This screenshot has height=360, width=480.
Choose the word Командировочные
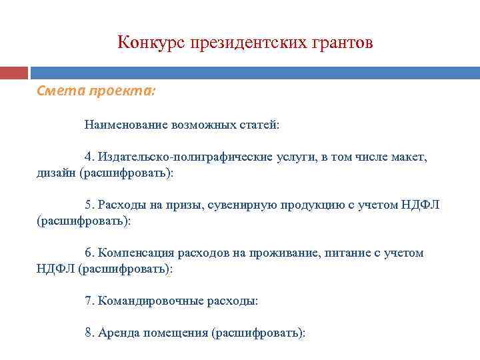click(145, 301)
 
